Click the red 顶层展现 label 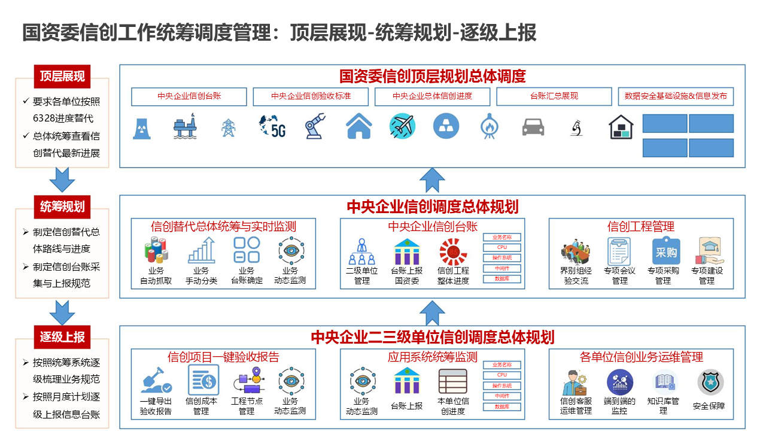point(62,76)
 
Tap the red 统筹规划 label point(62,207)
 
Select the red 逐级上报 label point(62,337)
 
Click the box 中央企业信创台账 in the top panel point(189,96)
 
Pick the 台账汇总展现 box point(554,96)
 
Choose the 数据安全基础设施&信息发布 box point(676,96)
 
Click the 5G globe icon point(272,126)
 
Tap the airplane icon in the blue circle point(402,126)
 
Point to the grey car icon point(533,127)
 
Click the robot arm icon point(315,126)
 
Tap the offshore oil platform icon point(185,126)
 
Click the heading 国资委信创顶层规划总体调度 point(432,76)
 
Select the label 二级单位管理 point(361,275)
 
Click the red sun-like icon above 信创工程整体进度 point(453,251)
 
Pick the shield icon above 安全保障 point(710,382)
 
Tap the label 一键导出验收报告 point(156,406)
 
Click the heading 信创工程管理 point(640,226)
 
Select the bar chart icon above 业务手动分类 point(201,251)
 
